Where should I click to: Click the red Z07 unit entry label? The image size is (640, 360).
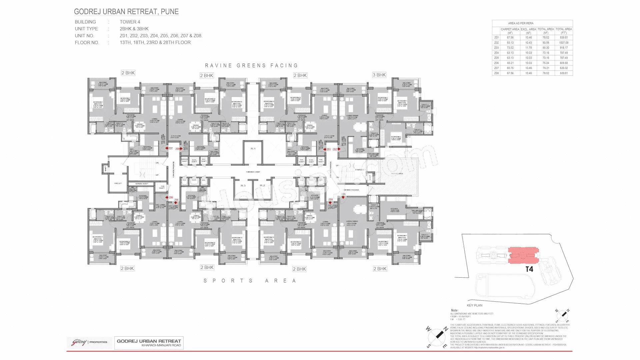tap(170, 149)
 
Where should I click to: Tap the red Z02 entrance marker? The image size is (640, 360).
tap(335, 149)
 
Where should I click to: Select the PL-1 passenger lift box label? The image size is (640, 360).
tap(253, 149)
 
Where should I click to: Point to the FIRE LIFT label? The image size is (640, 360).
tap(118, 183)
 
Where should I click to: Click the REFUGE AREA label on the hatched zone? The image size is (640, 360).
tap(397, 174)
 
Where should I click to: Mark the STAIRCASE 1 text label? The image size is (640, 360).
tap(360, 170)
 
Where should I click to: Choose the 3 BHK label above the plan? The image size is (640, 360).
tap(379, 75)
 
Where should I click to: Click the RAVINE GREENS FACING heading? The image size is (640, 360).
tap(251, 66)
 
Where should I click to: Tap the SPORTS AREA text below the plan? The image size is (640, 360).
tap(250, 281)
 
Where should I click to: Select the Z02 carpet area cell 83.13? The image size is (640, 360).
tap(510, 43)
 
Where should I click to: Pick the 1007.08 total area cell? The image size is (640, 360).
tap(564, 43)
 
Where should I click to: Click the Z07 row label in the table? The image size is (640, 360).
tap(496, 68)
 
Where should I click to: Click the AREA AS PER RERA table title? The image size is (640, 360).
tap(521, 23)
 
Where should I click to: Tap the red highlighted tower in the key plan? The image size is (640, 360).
tap(523, 256)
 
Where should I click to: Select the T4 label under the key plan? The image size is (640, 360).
tap(529, 269)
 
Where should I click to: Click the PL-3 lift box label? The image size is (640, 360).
tap(243, 186)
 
